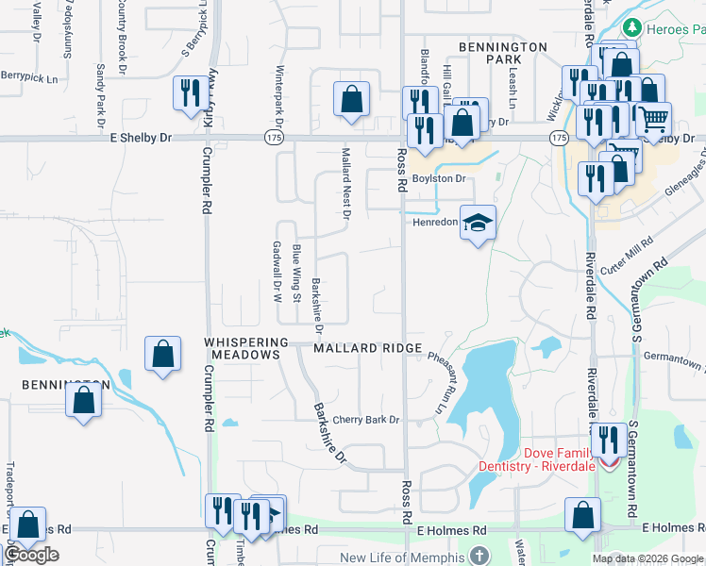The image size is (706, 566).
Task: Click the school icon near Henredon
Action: click(479, 223)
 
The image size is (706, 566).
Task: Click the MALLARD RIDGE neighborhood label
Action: click(367, 348)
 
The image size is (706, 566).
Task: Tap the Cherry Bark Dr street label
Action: click(367, 420)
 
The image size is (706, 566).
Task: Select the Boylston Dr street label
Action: click(439, 178)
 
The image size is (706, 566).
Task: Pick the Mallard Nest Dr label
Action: click(346, 184)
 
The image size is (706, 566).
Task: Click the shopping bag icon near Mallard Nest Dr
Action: click(351, 98)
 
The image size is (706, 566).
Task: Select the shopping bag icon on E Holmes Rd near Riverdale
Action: click(582, 515)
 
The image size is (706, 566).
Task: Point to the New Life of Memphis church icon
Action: click(479, 557)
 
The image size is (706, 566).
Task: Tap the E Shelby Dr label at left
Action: click(141, 138)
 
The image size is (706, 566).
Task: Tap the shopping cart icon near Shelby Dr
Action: click(653, 118)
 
